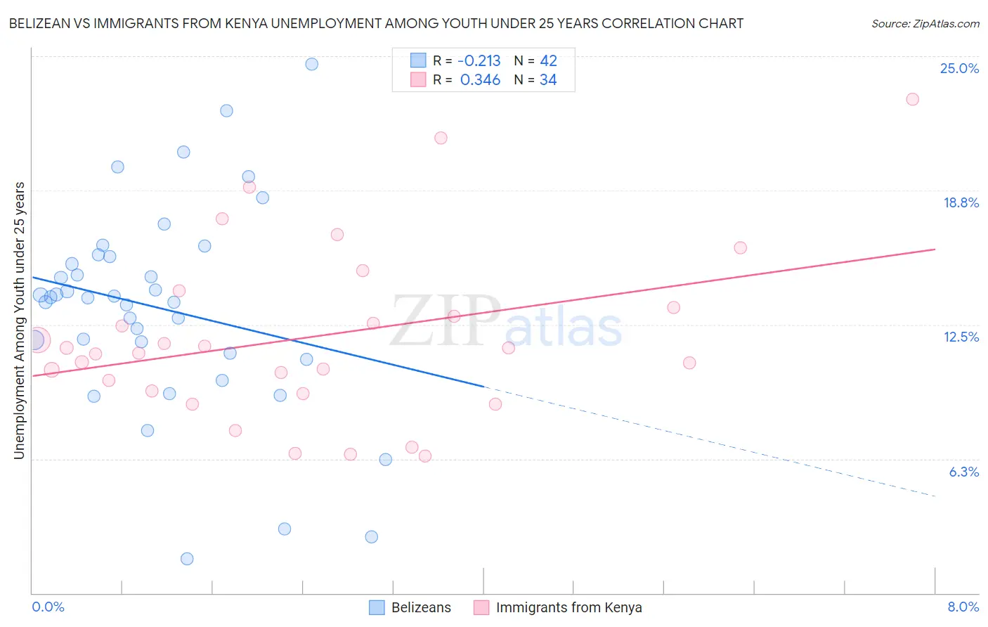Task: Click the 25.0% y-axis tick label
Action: tap(959, 68)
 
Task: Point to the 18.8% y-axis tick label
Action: tap(961, 202)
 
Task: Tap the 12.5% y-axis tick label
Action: tap(961, 337)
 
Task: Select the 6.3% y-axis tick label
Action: tap(963, 472)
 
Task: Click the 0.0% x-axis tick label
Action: tap(48, 607)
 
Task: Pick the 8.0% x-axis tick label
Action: tap(963, 607)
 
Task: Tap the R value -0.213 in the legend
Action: tap(479, 61)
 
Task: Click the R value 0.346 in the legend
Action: tap(480, 80)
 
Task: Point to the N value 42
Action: tap(548, 61)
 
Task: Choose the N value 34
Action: tap(548, 80)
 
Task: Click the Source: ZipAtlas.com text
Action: tap(925, 24)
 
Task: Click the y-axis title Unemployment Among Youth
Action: tap(19, 321)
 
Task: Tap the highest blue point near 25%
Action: tap(311, 64)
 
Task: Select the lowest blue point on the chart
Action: tap(187, 559)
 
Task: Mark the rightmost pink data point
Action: tap(912, 99)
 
